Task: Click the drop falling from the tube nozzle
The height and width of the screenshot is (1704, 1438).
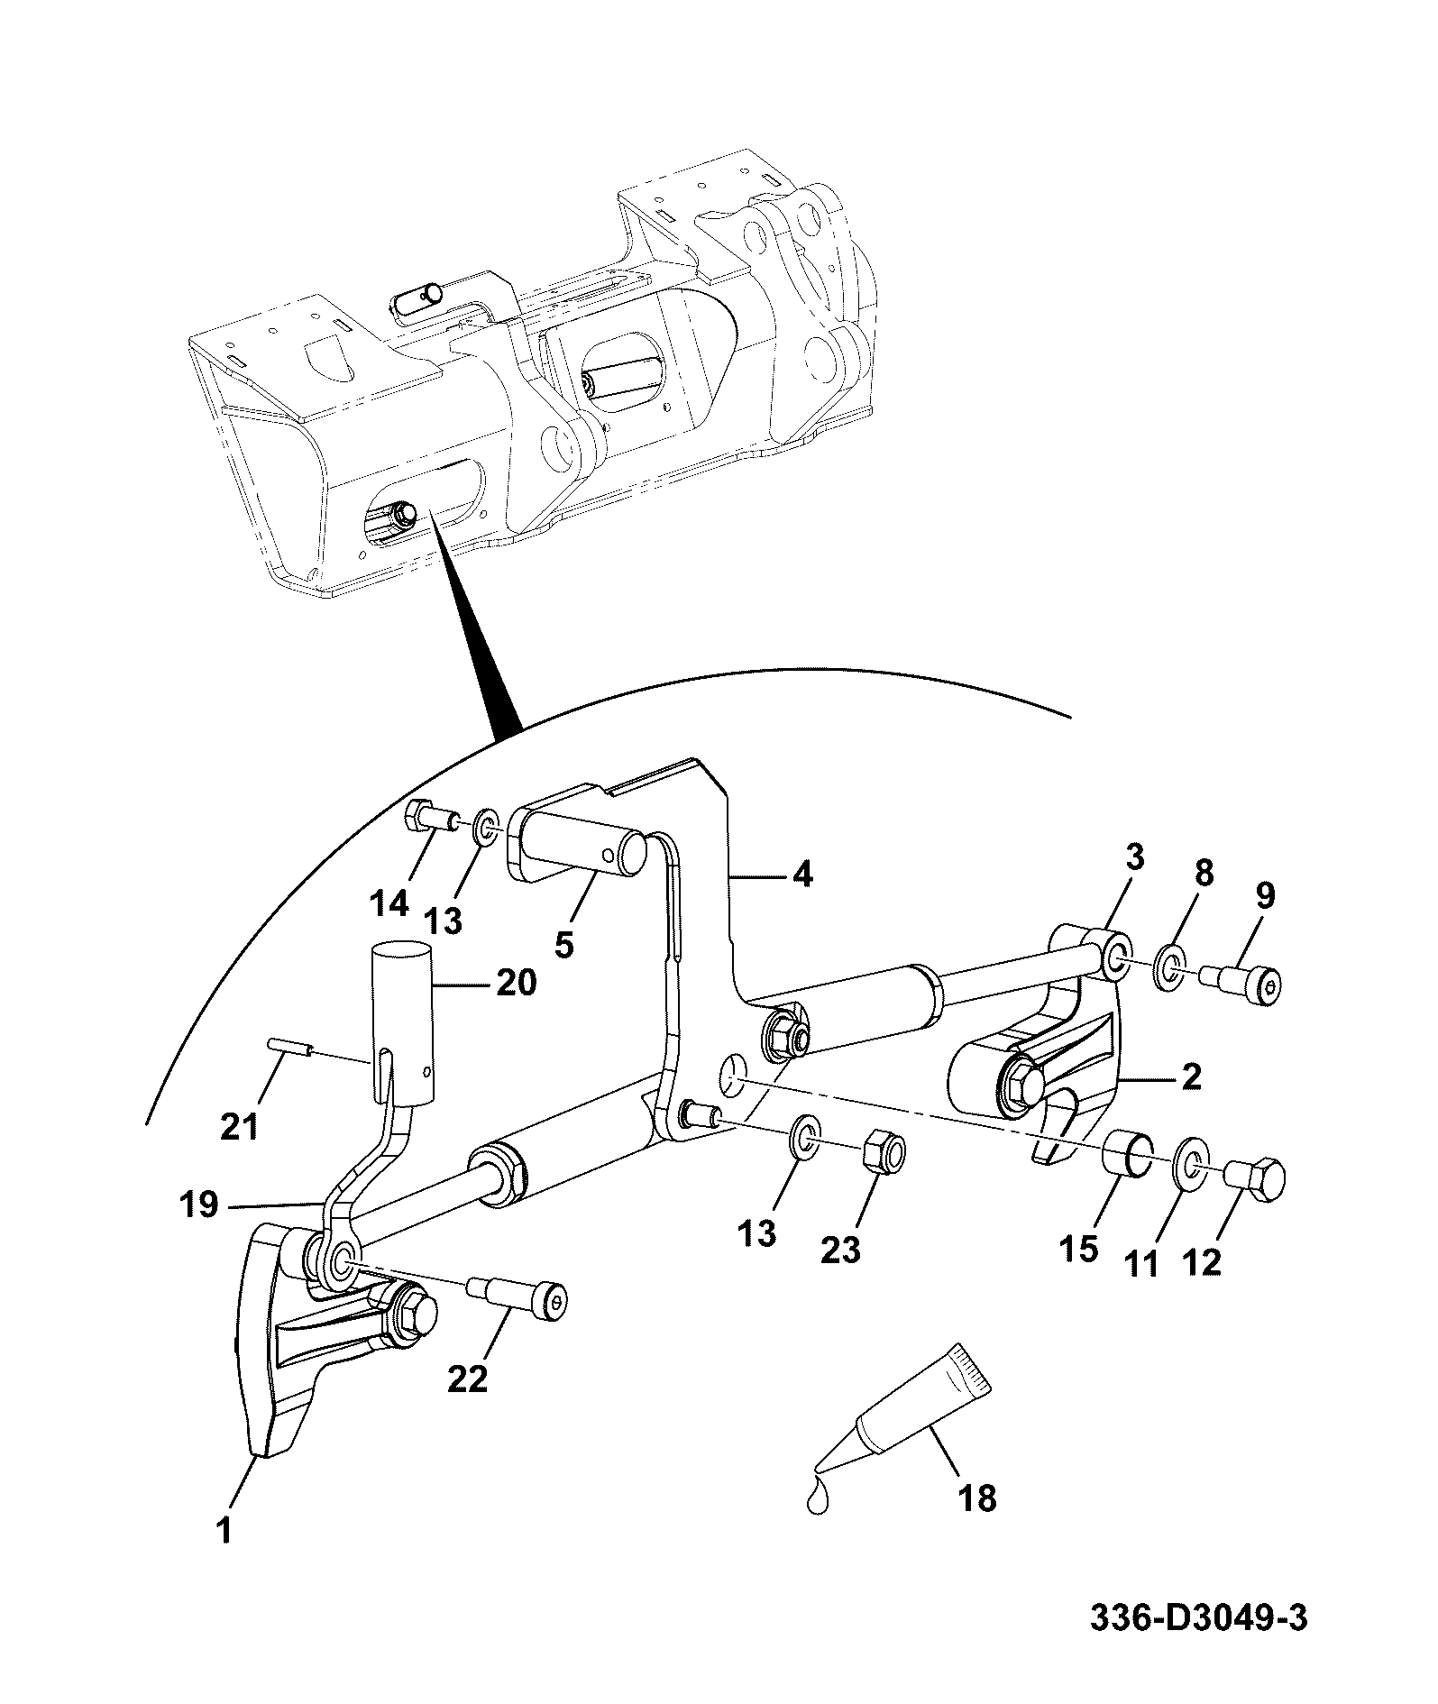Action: coord(817,1501)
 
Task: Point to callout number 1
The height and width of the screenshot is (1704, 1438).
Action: coord(224,1530)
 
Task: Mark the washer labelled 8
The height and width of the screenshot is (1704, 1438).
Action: coord(1169,967)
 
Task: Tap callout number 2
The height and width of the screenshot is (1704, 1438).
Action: coord(1191,1076)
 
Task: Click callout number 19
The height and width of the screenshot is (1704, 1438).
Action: coord(199,1205)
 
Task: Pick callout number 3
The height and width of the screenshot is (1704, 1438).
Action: coord(1134,857)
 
